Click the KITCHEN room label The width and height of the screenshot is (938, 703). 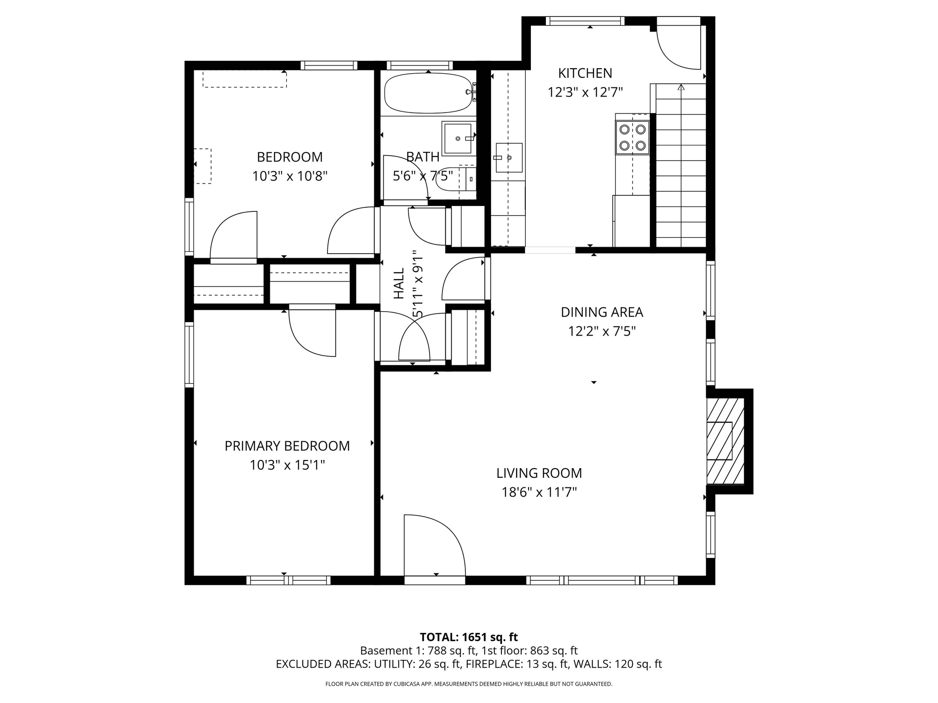[585, 73]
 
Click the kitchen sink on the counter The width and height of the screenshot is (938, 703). [509, 157]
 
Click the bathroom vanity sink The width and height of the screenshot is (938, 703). [458, 138]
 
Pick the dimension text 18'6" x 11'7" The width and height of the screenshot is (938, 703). [539, 492]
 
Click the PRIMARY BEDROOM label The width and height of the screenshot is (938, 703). [287, 446]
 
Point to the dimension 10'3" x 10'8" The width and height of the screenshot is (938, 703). [289, 176]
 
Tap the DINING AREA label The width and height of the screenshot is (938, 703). [602, 312]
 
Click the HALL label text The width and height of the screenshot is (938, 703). [399, 284]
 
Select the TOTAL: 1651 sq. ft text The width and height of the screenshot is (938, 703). [469, 637]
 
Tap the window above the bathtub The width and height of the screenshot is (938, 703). [420, 65]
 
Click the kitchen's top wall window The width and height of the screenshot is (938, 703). [585, 21]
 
